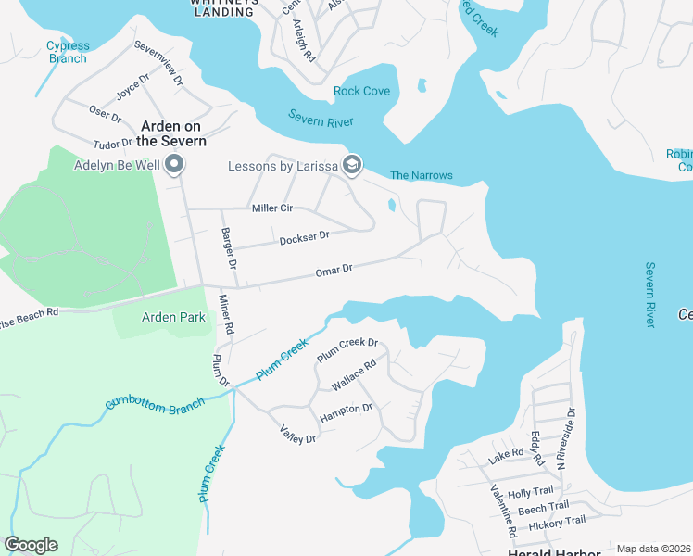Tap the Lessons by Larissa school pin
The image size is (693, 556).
351,166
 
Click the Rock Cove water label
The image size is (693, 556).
361,92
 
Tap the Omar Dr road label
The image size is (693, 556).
334,270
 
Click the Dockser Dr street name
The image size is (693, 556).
304,238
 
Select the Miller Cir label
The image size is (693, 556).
272,208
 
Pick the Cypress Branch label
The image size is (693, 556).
68,52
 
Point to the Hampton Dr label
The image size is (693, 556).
346,413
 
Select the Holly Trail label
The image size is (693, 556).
531,492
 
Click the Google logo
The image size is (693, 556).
31,545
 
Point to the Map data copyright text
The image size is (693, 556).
654,549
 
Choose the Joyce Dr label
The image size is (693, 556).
132,89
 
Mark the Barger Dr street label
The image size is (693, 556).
228,248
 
